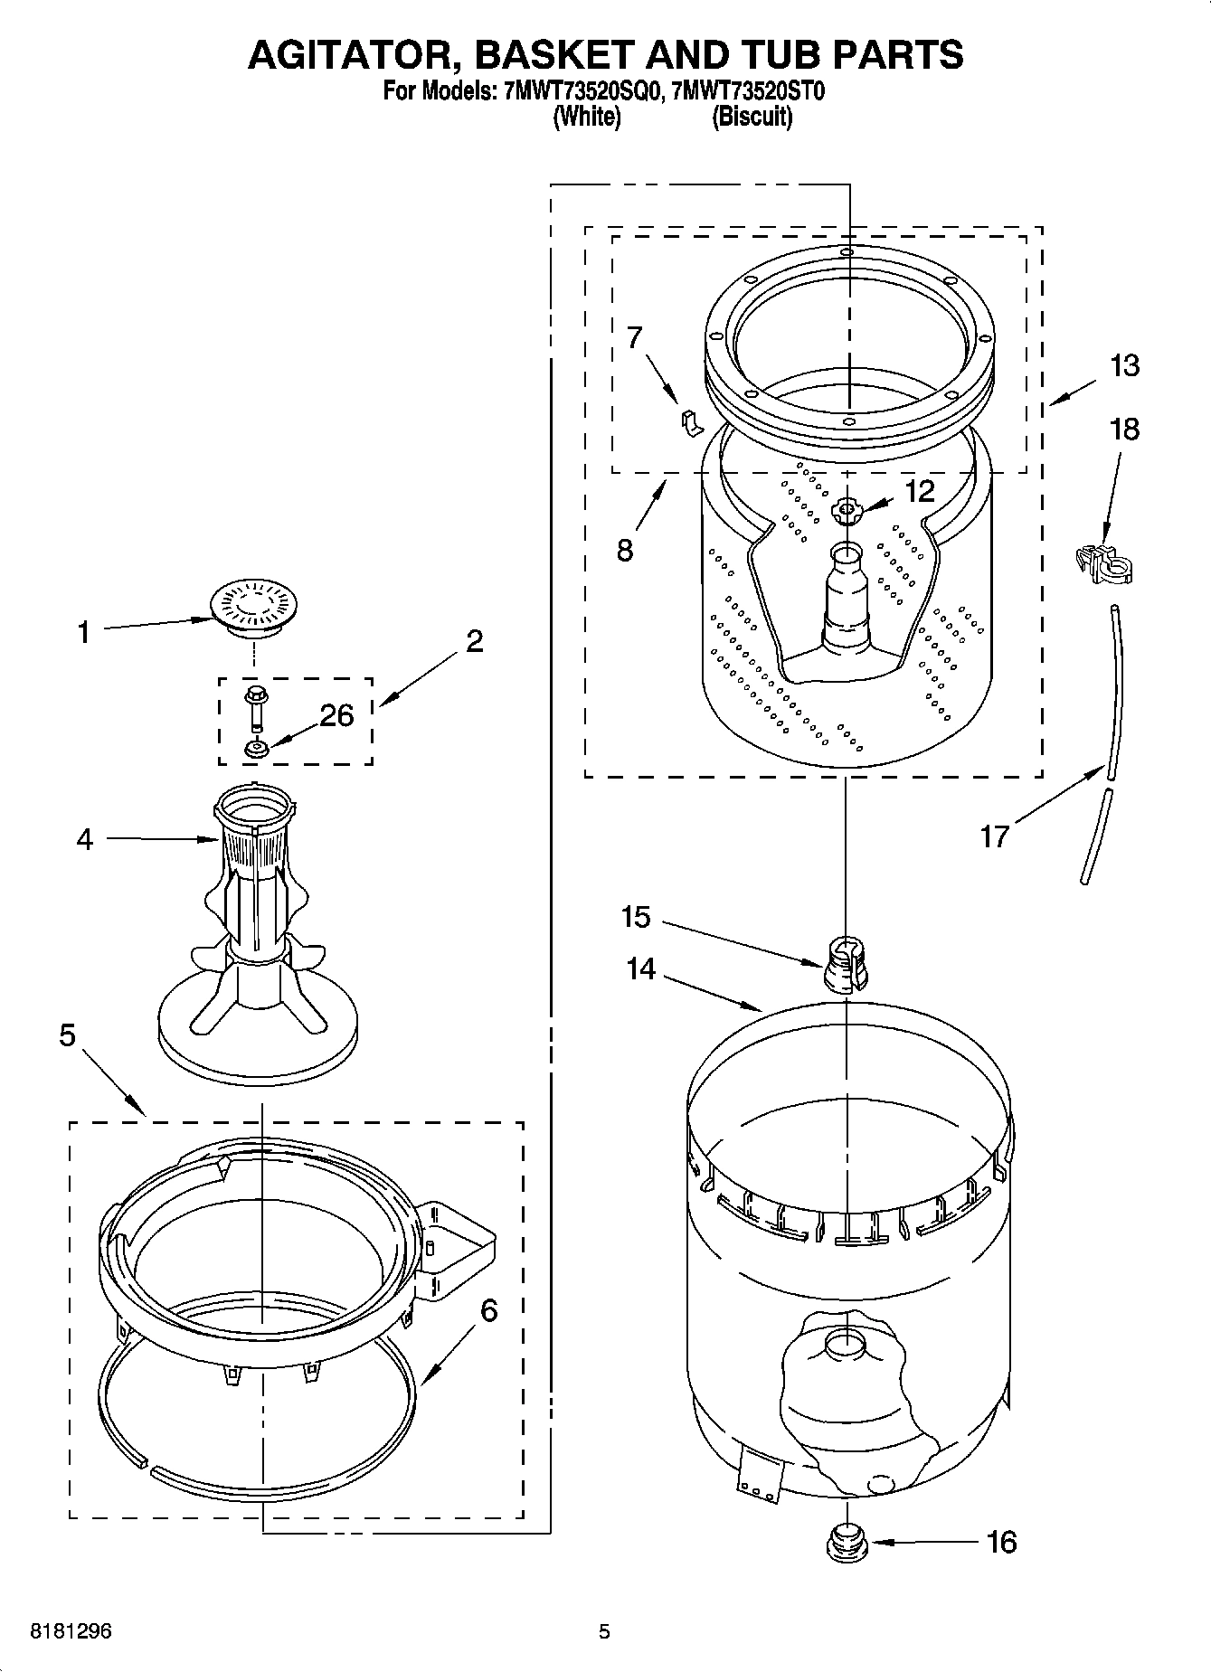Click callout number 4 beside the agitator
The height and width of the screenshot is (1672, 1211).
click(x=84, y=839)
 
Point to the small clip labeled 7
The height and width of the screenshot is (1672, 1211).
click(x=690, y=420)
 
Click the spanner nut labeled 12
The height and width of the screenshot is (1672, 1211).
click(x=847, y=512)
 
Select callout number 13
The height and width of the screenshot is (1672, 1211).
click(x=1124, y=366)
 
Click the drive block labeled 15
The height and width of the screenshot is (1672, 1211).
click(x=846, y=964)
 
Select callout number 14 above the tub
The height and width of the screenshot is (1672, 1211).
click(x=640, y=968)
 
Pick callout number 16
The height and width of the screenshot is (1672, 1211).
click(x=1001, y=1541)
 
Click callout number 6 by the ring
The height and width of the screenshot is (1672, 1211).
click(x=488, y=1310)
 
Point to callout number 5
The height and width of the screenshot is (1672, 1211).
click(x=67, y=1034)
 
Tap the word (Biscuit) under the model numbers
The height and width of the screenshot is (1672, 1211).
click(x=752, y=117)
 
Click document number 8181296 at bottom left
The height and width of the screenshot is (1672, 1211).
click(x=71, y=1631)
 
